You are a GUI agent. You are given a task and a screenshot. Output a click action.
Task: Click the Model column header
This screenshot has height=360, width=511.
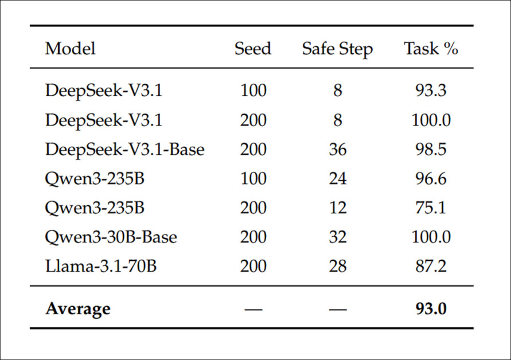(x=71, y=49)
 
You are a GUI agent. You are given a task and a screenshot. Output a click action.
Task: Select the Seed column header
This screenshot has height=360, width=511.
(x=253, y=49)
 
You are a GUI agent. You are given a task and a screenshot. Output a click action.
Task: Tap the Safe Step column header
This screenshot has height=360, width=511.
(x=337, y=49)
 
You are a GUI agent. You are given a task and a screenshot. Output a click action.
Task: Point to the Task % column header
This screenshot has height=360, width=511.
(x=431, y=49)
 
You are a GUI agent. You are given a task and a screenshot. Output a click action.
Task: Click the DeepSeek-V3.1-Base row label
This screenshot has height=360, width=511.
(x=125, y=150)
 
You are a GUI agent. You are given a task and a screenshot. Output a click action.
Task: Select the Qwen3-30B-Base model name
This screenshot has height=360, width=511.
(x=111, y=237)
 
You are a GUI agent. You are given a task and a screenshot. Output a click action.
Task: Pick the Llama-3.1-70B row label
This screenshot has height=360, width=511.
(x=101, y=266)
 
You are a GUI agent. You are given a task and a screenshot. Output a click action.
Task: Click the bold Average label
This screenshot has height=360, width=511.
(x=78, y=309)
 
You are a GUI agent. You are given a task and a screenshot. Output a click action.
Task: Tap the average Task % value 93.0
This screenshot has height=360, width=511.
(x=431, y=308)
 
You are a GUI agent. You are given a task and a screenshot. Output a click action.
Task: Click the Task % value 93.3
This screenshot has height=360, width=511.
(x=431, y=90)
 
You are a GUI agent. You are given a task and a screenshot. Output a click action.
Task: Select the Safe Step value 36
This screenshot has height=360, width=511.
(x=338, y=150)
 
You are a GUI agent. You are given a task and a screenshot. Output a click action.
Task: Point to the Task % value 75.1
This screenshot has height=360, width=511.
(x=431, y=208)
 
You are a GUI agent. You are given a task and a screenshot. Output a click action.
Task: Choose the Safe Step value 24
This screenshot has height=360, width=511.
(x=338, y=178)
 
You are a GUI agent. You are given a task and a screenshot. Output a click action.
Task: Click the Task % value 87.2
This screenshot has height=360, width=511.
(x=431, y=266)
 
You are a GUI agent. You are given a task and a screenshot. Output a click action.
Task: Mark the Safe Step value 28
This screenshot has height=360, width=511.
(x=338, y=266)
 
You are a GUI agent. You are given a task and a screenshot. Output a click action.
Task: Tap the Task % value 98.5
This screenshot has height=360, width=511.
(x=431, y=150)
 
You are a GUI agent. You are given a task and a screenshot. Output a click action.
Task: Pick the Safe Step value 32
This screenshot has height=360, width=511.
(x=338, y=237)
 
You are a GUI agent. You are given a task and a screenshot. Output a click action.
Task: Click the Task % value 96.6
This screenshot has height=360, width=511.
(x=431, y=178)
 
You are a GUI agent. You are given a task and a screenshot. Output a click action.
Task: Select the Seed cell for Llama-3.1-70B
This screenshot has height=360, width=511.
(x=253, y=266)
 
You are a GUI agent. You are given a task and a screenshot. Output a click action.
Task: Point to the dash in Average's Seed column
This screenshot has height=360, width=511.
(x=253, y=309)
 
